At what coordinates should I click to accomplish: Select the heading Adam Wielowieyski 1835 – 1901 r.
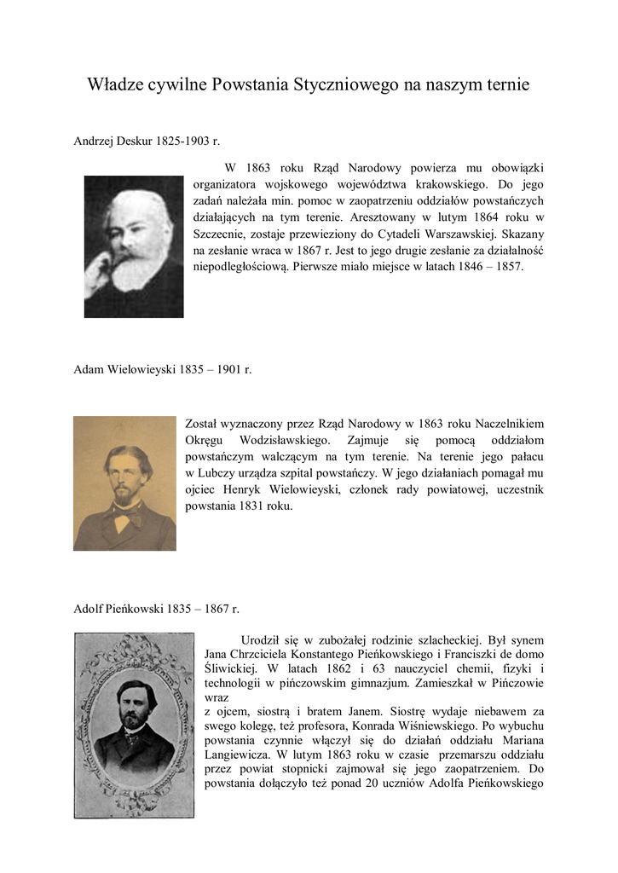pos(162,370)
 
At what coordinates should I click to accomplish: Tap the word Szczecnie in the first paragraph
pos(221,234)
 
